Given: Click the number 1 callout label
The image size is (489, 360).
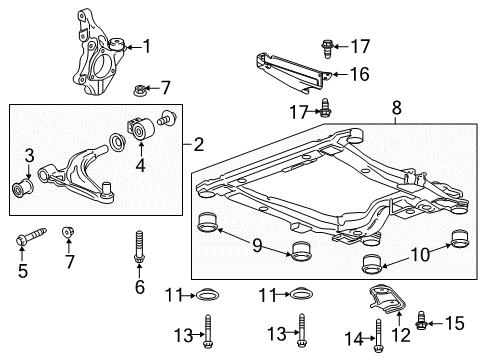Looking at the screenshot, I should [146, 45].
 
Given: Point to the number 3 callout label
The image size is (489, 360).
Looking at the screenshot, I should [30, 155].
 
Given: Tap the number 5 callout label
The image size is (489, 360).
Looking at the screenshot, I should [21, 270].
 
